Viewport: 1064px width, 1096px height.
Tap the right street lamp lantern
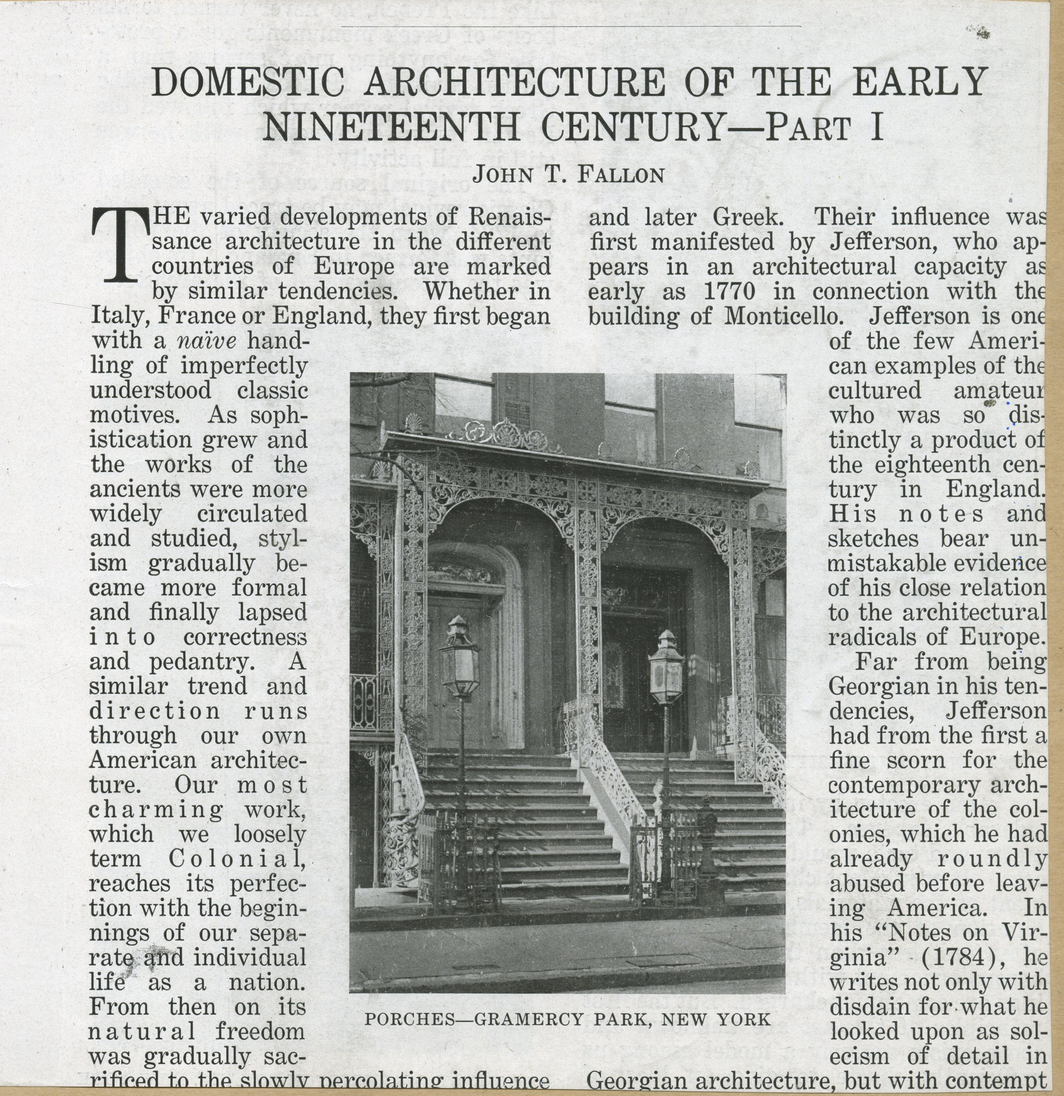point(666,668)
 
